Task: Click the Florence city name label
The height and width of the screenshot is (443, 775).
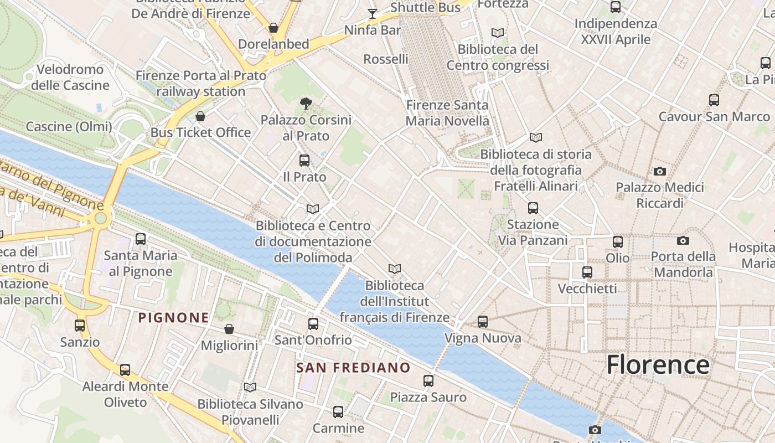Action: (x=658, y=365)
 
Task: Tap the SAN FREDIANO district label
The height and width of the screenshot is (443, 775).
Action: (x=353, y=368)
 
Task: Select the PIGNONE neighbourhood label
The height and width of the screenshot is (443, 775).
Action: (x=174, y=318)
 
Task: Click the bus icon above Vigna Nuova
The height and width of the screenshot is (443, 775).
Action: (x=483, y=322)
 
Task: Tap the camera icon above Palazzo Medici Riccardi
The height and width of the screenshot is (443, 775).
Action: (x=660, y=171)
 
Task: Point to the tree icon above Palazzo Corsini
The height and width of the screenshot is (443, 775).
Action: (x=306, y=103)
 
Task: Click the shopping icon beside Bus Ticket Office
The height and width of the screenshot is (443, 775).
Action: (x=200, y=116)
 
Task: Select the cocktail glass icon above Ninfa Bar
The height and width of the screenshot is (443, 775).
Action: (x=373, y=13)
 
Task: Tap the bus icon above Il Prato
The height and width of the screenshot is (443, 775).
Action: (x=304, y=161)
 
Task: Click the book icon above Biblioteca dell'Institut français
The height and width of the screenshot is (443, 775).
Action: (x=395, y=269)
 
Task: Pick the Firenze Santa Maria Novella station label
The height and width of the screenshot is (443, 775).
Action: (x=447, y=113)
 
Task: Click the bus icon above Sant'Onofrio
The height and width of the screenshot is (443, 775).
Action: (x=313, y=324)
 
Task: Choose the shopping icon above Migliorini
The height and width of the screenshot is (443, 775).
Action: (x=229, y=329)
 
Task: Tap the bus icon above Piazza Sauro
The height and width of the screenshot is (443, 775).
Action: (x=428, y=381)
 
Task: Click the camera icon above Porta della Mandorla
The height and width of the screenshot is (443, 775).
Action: (x=683, y=240)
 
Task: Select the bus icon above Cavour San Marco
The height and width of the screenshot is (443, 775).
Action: (x=714, y=100)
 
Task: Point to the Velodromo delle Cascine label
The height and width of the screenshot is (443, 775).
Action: (x=70, y=78)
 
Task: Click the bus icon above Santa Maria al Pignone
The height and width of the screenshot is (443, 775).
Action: (x=141, y=239)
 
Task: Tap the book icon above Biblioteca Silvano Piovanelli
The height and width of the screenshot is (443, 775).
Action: (x=250, y=388)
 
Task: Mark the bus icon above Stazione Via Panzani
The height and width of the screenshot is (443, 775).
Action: (x=533, y=208)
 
